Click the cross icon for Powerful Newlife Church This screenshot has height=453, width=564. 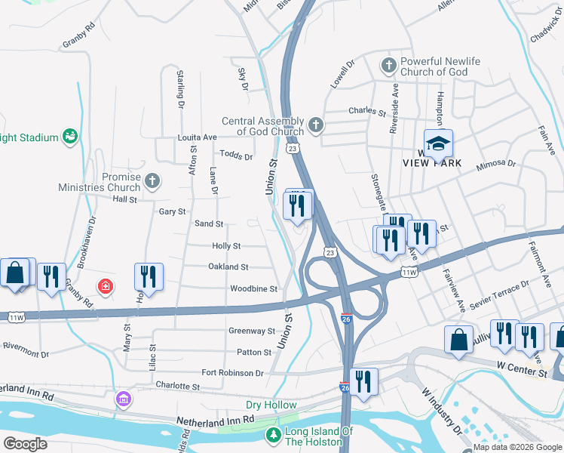click(x=389, y=66)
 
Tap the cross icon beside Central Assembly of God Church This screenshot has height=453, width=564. click(x=315, y=124)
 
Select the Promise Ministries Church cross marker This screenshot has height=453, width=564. click(x=152, y=180)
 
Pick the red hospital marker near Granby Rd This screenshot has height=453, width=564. click(x=106, y=287)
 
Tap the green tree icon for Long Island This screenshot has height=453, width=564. click(x=274, y=435)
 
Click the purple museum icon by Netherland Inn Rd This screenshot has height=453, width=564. click(x=122, y=398)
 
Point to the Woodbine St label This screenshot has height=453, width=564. click(x=254, y=289)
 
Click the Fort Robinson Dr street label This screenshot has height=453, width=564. click(x=232, y=373)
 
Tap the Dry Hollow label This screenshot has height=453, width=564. click(x=271, y=405)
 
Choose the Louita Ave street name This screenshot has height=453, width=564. click(x=197, y=137)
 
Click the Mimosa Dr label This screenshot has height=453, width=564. click(x=496, y=162)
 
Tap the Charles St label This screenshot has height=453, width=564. click(x=367, y=111)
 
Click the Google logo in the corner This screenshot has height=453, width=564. click(x=25, y=443)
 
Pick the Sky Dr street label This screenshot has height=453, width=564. click(x=243, y=78)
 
